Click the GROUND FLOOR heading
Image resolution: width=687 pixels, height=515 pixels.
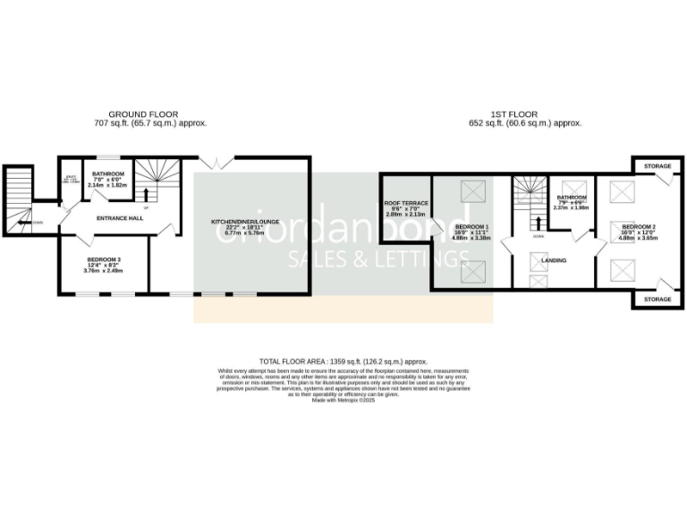pyautogui.click(x=142, y=114)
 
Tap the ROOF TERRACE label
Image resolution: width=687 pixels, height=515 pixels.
pyautogui.click(x=405, y=203)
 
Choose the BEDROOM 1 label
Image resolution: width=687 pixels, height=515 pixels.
pyautogui.click(x=469, y=228)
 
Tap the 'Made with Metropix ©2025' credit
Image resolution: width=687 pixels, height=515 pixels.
pyautogui.click(x=343, y=401)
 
